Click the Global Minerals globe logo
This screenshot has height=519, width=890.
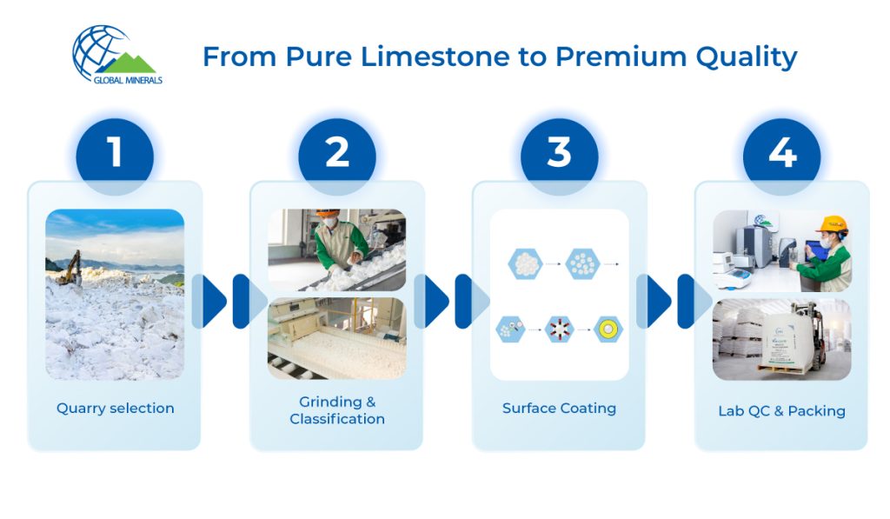point(116,55)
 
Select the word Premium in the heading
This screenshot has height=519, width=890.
point(621,57)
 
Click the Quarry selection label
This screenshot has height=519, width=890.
point(116,408)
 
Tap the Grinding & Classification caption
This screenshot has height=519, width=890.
point(337,410)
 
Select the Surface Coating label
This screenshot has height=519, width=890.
point(559,408)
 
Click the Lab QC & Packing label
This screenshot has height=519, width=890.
point(781,410)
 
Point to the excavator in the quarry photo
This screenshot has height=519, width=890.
point(71,269)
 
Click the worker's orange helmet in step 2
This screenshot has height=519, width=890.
point(328,214)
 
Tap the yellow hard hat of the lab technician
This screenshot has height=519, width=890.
point(833,223)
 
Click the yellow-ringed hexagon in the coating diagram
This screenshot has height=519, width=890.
point(608,329)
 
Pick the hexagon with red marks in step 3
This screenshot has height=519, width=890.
point(559,329)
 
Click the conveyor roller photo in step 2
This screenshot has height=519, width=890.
point(337,338)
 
